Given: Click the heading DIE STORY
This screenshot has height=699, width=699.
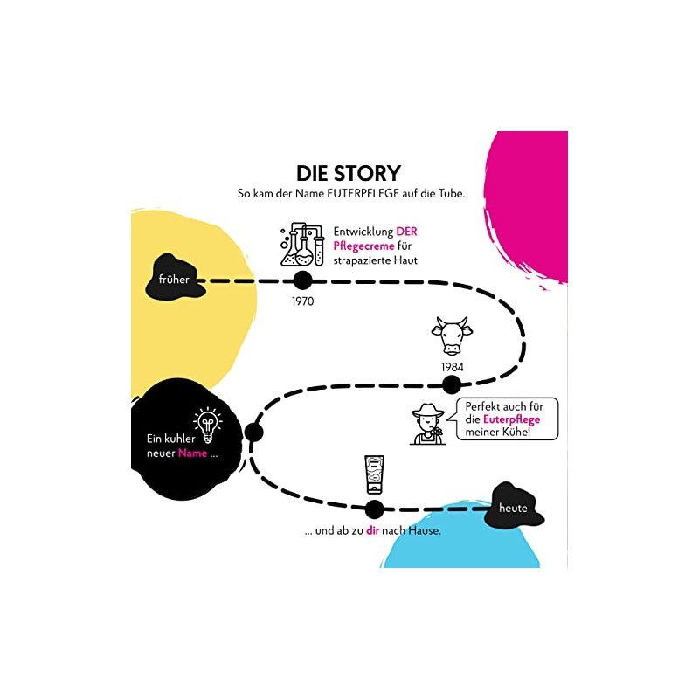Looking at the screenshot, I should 349,172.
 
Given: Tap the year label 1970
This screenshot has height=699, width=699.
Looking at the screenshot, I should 302,301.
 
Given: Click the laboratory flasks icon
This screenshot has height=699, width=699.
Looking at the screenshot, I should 302,245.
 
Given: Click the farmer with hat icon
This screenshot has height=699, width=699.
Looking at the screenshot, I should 429,424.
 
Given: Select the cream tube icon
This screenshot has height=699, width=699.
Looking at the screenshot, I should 374,477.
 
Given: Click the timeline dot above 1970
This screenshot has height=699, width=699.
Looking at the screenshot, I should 302,280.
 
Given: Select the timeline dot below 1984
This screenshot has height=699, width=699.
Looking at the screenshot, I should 452,385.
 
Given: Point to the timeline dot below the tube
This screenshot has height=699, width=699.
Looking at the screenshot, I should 374,509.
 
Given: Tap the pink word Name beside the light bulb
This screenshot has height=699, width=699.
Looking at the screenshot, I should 194,453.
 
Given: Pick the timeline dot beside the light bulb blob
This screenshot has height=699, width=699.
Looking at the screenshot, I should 254,432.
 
